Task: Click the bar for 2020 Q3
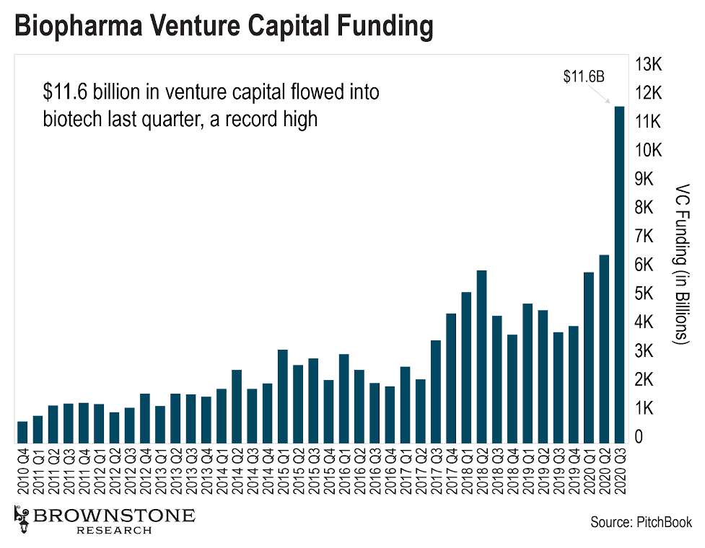619,274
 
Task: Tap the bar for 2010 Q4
22,433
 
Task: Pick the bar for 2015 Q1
283,397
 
